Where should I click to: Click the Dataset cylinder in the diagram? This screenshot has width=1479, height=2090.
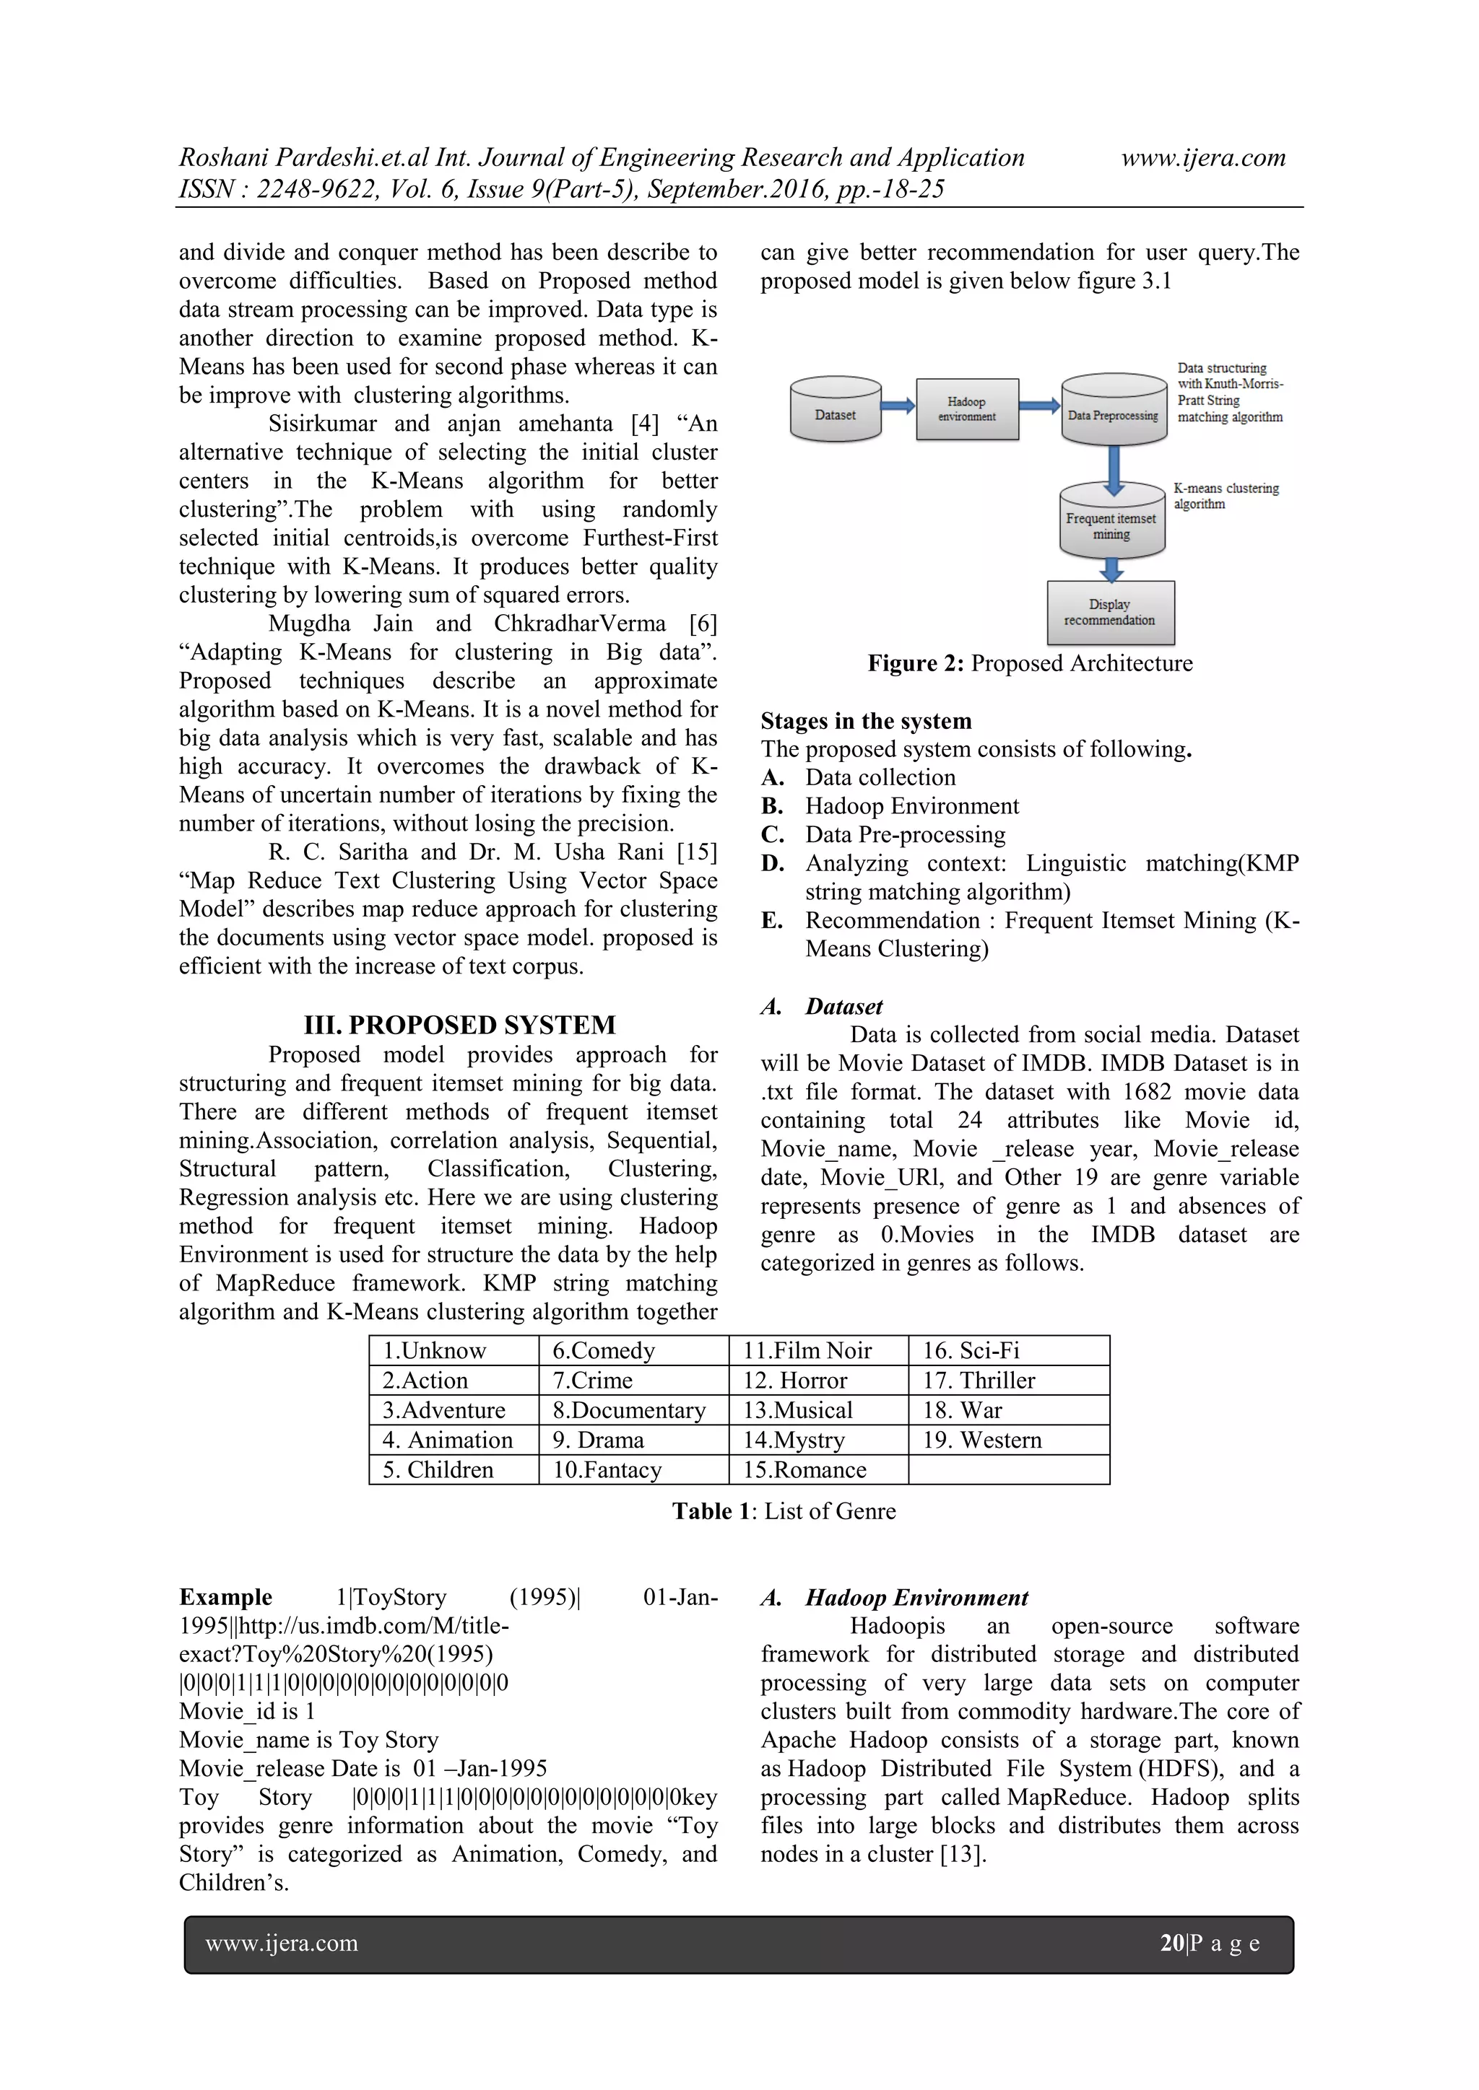[x=835, y=411]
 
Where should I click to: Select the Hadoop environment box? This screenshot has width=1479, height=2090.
[x=966, y=410]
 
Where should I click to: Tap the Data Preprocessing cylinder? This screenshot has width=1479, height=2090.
[x=1113, y=411]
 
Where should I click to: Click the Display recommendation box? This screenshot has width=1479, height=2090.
[x=1110, y=613]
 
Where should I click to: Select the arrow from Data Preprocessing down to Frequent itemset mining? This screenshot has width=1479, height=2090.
[x=1113, y=466]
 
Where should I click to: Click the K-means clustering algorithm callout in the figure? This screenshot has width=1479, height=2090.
[x=1225, y=496]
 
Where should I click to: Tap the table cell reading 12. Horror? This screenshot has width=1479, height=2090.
[x=795, y=1380]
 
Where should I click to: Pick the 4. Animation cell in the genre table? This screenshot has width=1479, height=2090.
[x=447, y=1439]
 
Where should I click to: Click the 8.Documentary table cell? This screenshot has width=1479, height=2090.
[x=628, y=1410]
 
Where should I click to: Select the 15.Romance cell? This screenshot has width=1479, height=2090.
[x=804, y=1469]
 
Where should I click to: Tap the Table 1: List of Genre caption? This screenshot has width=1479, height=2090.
[x=784, y=1511]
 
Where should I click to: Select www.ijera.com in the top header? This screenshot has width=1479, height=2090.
[x=1202, y=157]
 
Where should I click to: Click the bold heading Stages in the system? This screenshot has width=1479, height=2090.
[x=865, y=721]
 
